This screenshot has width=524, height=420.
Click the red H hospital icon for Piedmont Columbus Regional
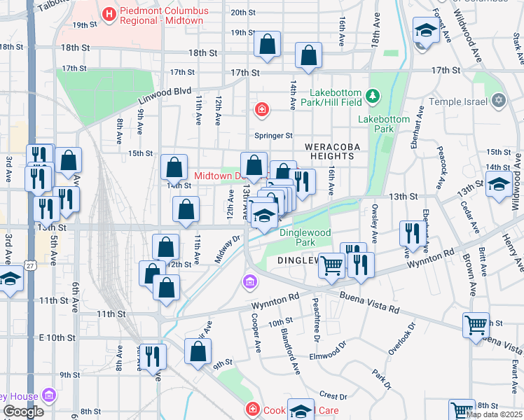pyautogui.click(x=109, y=13)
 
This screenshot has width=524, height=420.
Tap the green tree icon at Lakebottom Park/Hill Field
pyautogui.click(x=373, y=94)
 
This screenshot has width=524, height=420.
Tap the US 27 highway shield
pyautogui.click(x=29, y=265)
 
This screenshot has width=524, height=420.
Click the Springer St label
pyautogui.click(x=273, y=135)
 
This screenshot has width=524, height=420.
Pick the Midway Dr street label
pyautogui.click(x=227, y=249)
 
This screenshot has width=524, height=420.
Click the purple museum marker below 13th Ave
pyautogui.click(x=249, y=282)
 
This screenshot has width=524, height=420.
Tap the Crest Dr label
pyautogui.click(x=333, y=396)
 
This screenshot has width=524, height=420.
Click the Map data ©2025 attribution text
pyautogui.click(x=493, y=414)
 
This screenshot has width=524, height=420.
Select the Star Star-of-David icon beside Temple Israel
pyautogui.click(x=499, y=101)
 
